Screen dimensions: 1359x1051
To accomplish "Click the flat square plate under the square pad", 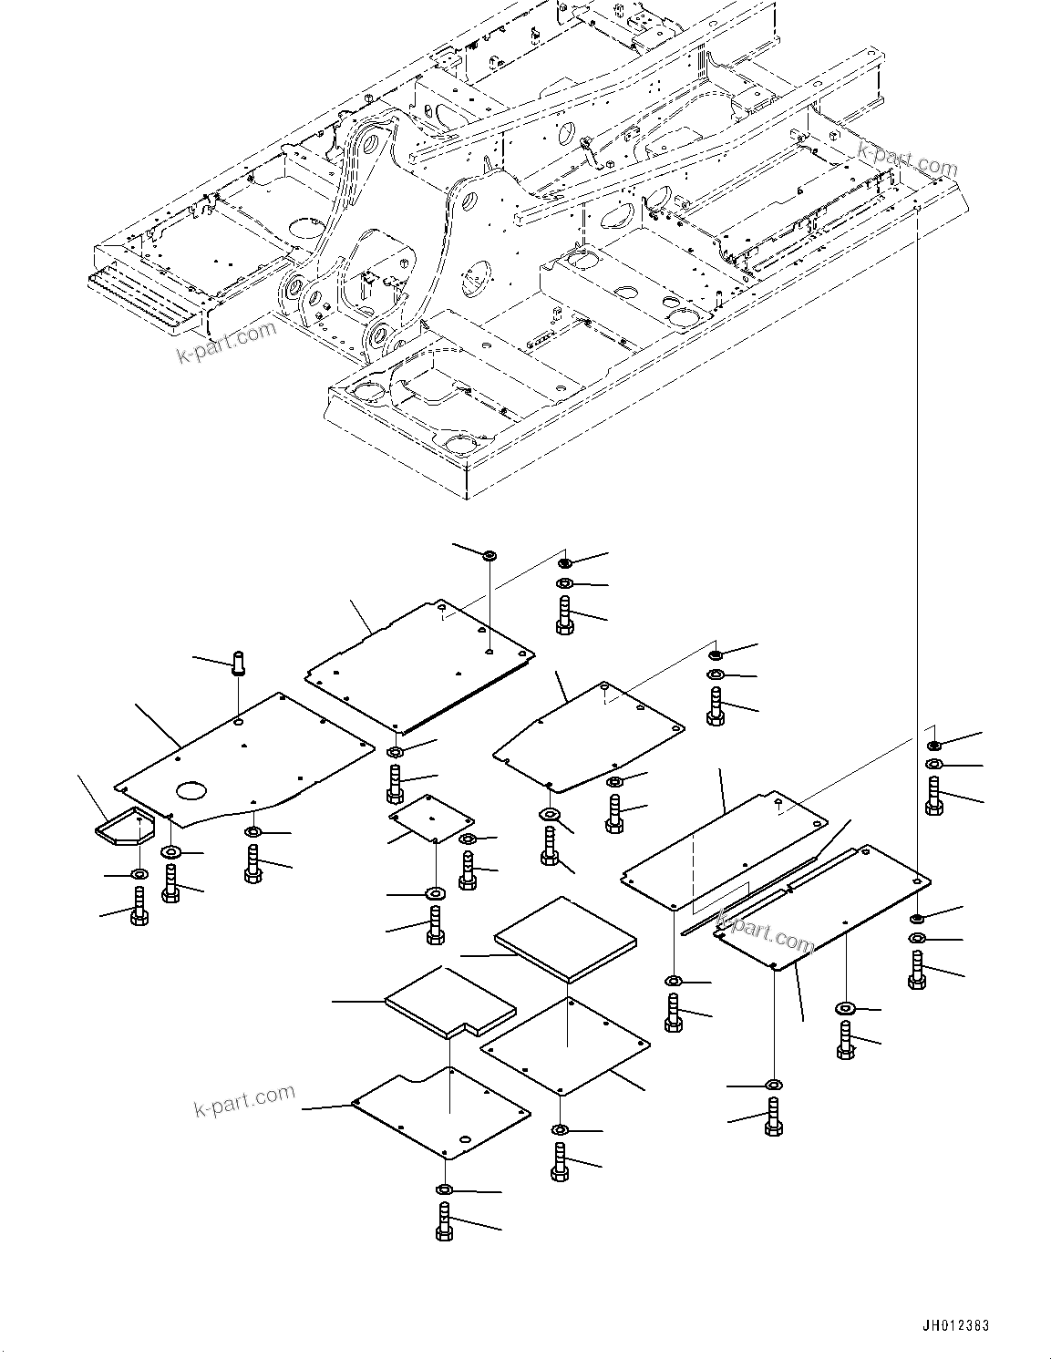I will [x=566, y=1045].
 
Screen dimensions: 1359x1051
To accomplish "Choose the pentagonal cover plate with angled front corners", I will [x=589, y=736].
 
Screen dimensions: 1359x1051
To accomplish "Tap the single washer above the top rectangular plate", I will [x=489, y=555].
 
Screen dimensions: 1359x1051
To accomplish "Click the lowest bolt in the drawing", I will [x=444, y=1221].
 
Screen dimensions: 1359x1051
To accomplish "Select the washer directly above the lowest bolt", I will [x=444, y=1189].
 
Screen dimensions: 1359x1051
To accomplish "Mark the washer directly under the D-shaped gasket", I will [x=138, y=875].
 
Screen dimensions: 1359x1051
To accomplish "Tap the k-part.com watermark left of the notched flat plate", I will [x=245, y=1100].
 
